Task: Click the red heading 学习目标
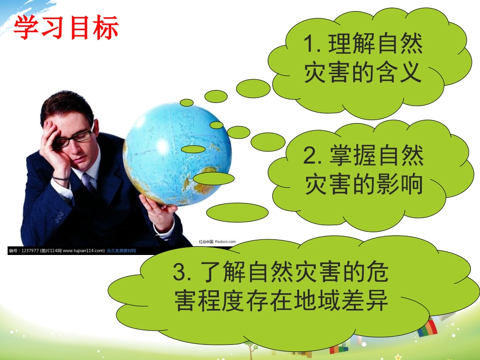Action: click(66, 27)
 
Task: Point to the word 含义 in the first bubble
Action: click(399, 74)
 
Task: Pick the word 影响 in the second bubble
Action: click(400, 185)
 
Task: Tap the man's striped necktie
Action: click(89, 181)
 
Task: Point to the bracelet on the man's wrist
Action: click(61, 178)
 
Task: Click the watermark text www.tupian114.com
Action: click(83, 250)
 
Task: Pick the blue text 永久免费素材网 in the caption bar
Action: click(121, 250)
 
